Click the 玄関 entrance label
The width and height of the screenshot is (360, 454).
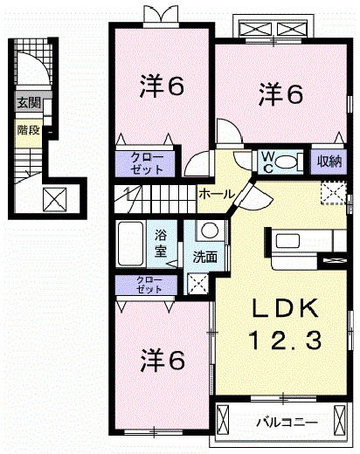coord(29,103)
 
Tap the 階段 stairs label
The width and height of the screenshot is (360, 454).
coord(29,130)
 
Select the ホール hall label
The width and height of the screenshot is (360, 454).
coord(217,194)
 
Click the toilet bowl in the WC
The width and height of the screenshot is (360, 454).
coord(286,162)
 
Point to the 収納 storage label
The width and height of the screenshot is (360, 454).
coord(329,161)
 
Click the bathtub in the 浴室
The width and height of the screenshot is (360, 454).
coord(131,244)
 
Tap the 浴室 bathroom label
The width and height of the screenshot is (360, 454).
coord(161,243)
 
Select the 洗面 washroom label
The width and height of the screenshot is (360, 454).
coord(205,257)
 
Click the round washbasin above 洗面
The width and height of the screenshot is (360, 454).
coord(210,230)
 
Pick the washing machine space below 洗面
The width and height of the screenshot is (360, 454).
coord(198,283)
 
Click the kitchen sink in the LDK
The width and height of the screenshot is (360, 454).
coord(288,241)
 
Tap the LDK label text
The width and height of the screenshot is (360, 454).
coord(285,309)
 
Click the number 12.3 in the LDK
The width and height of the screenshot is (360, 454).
coord(285,340)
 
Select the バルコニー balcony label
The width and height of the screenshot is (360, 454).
coord(287,423)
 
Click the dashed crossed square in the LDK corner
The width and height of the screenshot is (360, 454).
coord(334,193)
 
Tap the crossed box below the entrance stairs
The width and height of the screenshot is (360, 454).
coord(55,199)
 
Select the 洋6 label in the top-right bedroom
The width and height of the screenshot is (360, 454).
coord(280,94)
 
